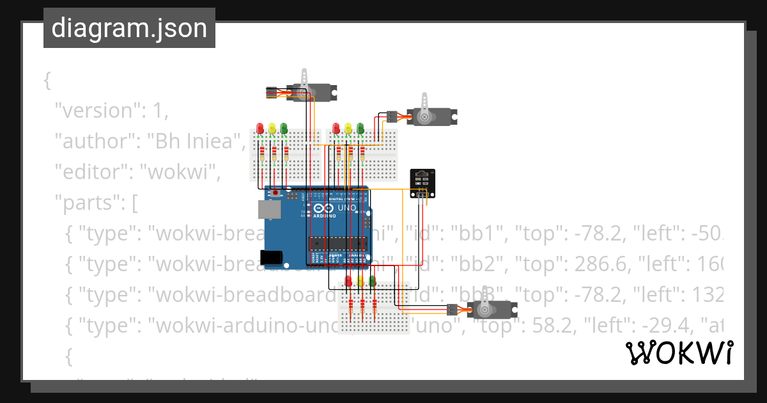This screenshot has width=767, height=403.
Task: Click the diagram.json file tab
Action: pyautogui.click(x=129, y=28)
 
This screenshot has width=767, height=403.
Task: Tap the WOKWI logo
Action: pyautogui.click(x=679, y=353)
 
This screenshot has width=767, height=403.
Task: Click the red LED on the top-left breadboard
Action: pyautogui.click(x=260, y=129)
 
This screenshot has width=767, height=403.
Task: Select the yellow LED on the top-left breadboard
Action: pyautogui.click(x=272, y=129)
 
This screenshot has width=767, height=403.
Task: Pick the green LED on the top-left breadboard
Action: pyautogui.click(x=284, y=129)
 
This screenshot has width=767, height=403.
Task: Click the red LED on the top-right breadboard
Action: pyautogui.click(x=336, y=129)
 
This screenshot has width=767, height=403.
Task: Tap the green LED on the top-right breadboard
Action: pyautogui.click(x=360, y=129)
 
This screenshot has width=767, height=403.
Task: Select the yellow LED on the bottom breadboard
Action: pyautogui.click(x=360, y=280)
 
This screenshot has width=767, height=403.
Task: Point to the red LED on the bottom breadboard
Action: pyautogui.click(x=348, y=280)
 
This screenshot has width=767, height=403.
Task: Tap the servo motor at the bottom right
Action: pyautogui.click(x=493, y=310)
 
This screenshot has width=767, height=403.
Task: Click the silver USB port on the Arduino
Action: pyautogui.click(x=269, y=210)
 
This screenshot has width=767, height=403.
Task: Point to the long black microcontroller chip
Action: pyautogui.click(x=338, y=243)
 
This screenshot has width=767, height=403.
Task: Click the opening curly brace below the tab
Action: pyautogui.click(x=47, y=81)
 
